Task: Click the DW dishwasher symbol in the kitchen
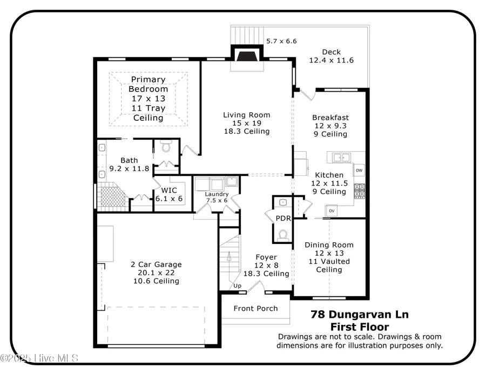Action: [359, 171]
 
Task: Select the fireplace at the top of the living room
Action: [247, 56]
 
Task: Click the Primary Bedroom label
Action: [148, 84]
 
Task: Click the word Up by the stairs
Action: [237, 285]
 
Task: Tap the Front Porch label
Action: [255, 308]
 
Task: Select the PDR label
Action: [283, 219]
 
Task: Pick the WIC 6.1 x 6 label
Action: [169, 194]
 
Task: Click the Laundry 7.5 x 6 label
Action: [216, 197]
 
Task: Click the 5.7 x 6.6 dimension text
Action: [281, 41]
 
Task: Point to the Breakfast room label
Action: [330, 117]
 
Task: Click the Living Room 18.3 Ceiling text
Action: [247, 131]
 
